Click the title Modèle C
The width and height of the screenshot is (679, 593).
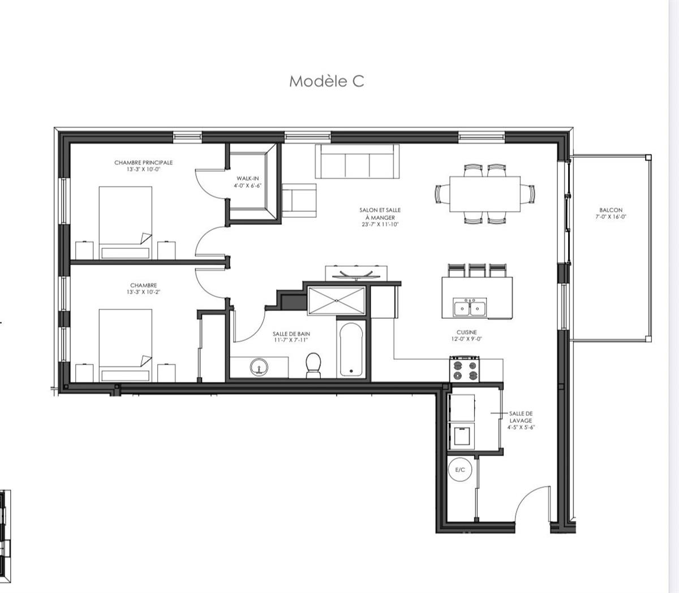(x=326, y=81)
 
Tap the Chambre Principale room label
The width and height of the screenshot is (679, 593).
(x=143, y=163)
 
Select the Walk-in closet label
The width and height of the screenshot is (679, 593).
(x=248, y=179)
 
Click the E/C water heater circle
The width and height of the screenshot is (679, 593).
(x=460, y=470)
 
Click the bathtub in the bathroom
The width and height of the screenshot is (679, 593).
(x=351, y=348)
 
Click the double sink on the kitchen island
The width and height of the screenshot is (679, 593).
(x=470, y=308)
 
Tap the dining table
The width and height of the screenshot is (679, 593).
(x=485, y=194)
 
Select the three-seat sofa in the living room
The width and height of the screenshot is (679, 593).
(x=357, y=162)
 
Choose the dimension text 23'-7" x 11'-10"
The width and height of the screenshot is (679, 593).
(x=380, y=224)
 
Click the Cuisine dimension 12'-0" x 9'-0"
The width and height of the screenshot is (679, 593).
(x=467, y=339)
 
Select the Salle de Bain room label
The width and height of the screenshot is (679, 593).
(x=291, y=334)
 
